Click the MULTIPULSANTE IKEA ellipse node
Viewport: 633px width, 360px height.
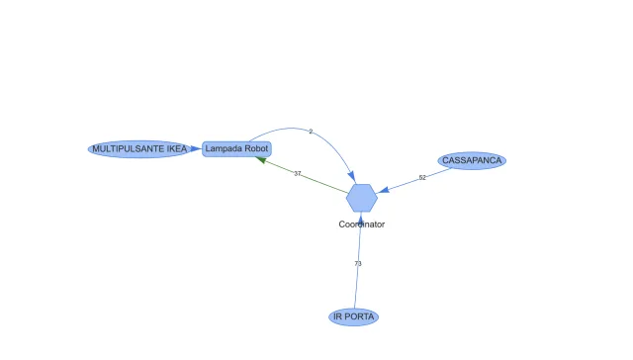point(138,148)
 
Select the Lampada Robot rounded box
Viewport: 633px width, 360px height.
point(236,148)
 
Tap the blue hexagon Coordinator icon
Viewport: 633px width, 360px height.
point(362,198)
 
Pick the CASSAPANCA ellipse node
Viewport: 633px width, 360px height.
point(473,160)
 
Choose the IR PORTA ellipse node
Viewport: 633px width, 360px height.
point(353,316)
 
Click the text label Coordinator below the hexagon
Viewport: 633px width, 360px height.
point(362,225)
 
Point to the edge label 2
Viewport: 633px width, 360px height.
point(311,132)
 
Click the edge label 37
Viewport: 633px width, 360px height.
point(297,173)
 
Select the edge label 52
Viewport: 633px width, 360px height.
point(422,178)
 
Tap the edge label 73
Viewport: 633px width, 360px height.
point(358,264)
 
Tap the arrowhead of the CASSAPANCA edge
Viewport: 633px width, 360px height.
point(385,189)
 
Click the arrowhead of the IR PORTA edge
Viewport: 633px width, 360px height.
point(361,218)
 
